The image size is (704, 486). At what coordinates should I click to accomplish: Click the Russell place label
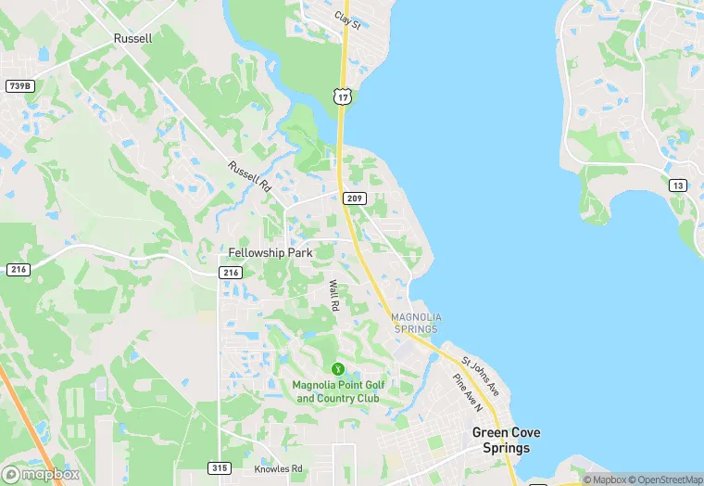[x=132, y=39]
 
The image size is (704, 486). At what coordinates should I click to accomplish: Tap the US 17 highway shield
[x=343, y=96]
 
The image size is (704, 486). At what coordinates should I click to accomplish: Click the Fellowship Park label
[x=270, y=252]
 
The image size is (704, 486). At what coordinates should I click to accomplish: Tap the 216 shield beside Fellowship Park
[x=231, y=273]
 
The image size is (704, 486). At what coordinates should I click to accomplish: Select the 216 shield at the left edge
[x=18, y=269]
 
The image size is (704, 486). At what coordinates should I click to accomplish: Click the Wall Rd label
[x=333, y=296]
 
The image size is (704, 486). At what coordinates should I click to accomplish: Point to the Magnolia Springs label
[x=417, y=323]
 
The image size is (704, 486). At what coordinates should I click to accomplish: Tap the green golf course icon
[x=337, y=369]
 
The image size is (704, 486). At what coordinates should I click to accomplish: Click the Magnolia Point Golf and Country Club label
[x=337, y=392]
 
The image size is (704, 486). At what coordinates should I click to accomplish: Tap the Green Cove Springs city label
[x=506, y=441]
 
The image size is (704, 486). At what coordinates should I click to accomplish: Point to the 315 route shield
[x=220, y=468]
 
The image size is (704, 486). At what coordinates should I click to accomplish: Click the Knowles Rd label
[x=278, y=469]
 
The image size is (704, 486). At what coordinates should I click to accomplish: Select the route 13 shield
[x=679, y=185]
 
